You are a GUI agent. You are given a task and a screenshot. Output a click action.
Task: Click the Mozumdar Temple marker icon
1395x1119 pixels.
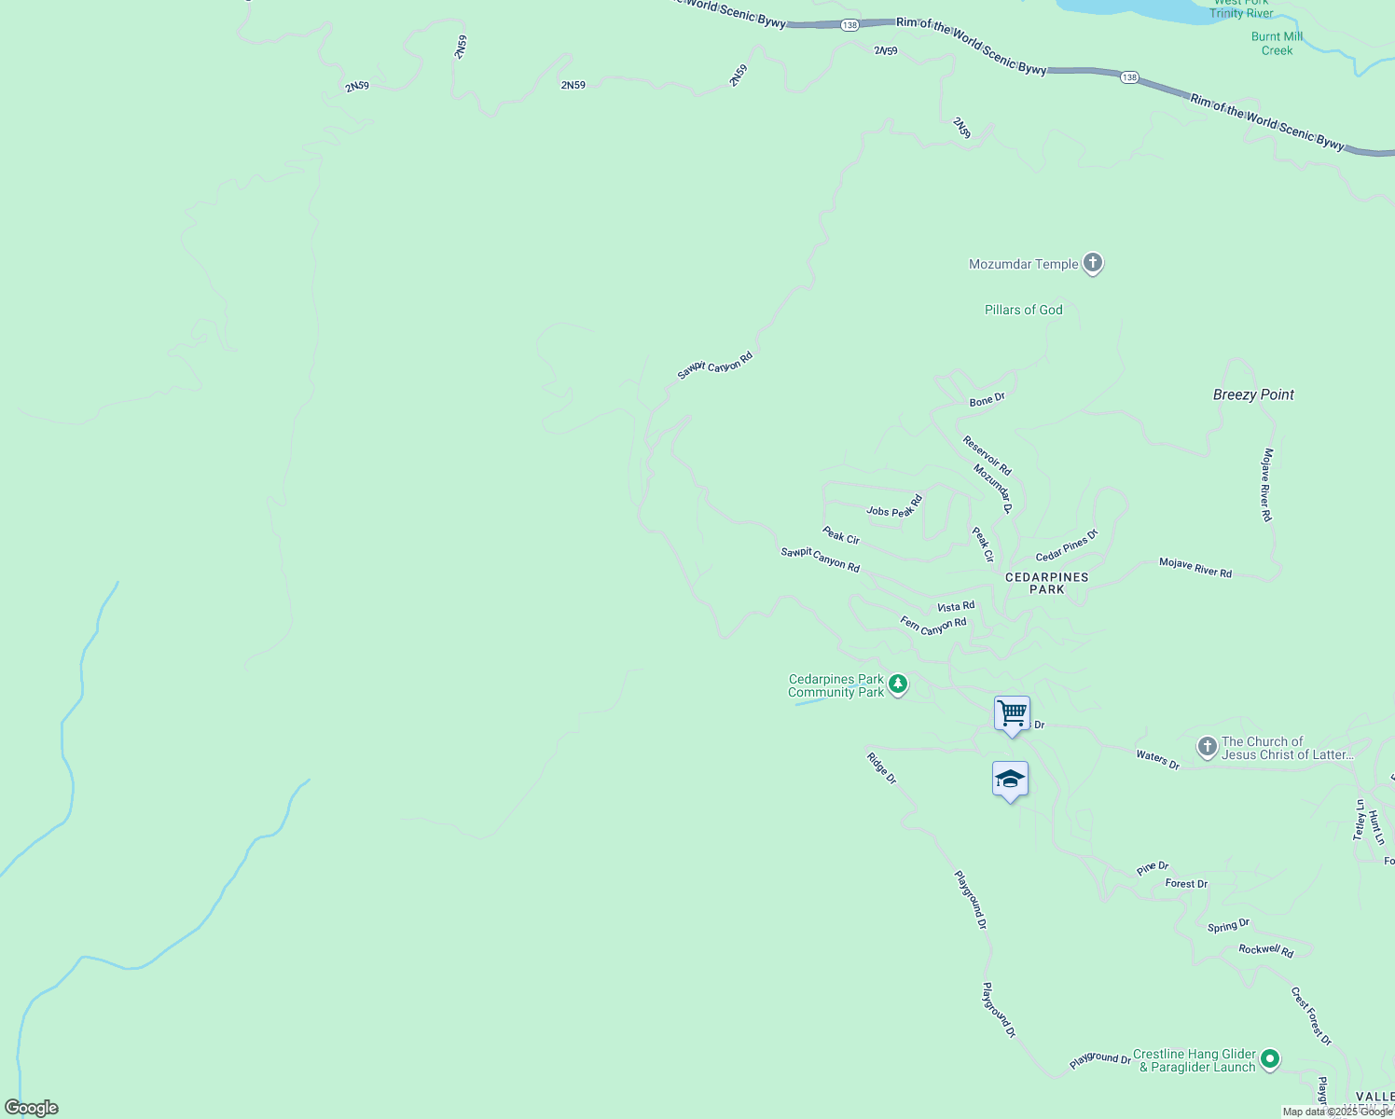point(1093,264)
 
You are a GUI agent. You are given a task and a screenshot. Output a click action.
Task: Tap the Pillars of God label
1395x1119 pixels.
point(1023,310)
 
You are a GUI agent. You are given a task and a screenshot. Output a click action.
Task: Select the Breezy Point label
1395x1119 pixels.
point(1253,394)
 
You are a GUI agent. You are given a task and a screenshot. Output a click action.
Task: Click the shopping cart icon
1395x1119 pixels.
point(1012,714)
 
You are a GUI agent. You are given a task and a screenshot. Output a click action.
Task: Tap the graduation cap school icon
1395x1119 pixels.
point(1010,780)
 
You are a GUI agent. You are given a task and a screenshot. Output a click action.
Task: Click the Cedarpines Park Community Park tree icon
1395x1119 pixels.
point(898,685)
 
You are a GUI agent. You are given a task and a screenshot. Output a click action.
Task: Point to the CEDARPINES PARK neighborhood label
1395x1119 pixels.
point(1046,583)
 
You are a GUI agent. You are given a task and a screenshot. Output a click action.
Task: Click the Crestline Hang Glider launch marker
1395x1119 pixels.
point(1269,1059)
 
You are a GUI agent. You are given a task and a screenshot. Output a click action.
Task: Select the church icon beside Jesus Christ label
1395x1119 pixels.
point(1207,747)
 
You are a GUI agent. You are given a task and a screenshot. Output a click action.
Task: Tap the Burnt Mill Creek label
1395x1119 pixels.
point(1277,44)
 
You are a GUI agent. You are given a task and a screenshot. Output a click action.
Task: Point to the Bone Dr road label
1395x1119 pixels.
point(987,400)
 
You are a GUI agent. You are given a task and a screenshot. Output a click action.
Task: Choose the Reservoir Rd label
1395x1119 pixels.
point(987,455)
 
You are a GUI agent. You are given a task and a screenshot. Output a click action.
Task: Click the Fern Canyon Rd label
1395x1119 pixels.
point(932,626)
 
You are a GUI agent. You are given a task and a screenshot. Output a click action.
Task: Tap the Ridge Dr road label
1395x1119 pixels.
point(881,768)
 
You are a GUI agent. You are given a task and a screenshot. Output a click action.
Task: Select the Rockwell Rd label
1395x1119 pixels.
point(1265,950)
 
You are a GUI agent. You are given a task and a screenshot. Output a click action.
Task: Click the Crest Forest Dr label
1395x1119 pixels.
point(1311,1016)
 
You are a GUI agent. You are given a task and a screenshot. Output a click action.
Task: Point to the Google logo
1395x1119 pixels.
point(32,1108)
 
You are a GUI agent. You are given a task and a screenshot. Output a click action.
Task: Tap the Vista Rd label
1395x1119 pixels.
point(956,607)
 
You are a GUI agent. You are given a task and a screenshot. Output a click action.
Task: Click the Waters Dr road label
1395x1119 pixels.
point(1157,760)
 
